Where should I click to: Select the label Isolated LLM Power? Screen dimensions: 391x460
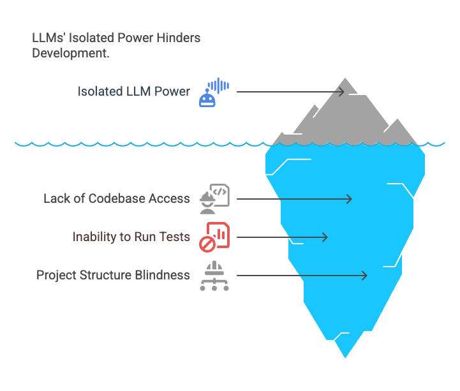click(134, 91)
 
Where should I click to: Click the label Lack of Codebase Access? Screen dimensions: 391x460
click(117, 198)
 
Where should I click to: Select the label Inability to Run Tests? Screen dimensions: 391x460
click(131, 237)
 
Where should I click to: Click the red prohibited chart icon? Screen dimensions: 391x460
click(214, 237)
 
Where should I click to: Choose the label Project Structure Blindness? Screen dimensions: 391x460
click(113, 275)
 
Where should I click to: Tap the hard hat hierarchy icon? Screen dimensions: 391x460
click(214, 276)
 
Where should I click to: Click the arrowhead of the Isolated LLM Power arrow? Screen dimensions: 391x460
click(342, 92)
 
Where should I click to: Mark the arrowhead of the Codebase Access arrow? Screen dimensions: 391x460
click(349, 199)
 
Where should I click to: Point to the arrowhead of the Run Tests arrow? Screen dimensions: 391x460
click(325, 237)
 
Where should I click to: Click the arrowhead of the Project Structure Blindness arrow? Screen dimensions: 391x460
click(365, 276)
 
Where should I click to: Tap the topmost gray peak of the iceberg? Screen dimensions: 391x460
click(346, 79)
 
